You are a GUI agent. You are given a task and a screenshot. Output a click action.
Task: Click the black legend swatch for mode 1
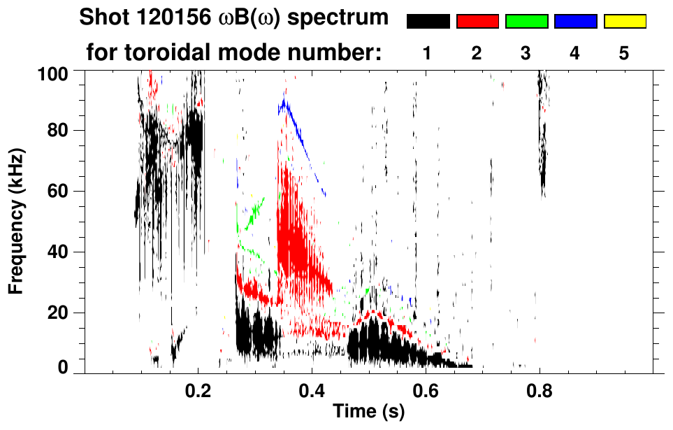click(428, 22)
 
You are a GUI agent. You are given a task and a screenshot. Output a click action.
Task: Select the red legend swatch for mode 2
click(477, 22)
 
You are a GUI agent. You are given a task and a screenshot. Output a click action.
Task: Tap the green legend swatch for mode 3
click(526, 22)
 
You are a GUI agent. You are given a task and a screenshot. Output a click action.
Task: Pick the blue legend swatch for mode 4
click(575, 22)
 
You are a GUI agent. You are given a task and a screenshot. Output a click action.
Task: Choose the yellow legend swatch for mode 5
click(624, 22)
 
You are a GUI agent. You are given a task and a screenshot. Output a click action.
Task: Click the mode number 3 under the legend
click(526, 53)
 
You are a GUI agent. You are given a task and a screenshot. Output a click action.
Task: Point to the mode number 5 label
click(624, 53)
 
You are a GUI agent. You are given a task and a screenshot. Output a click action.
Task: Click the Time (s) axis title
click(368, 413)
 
